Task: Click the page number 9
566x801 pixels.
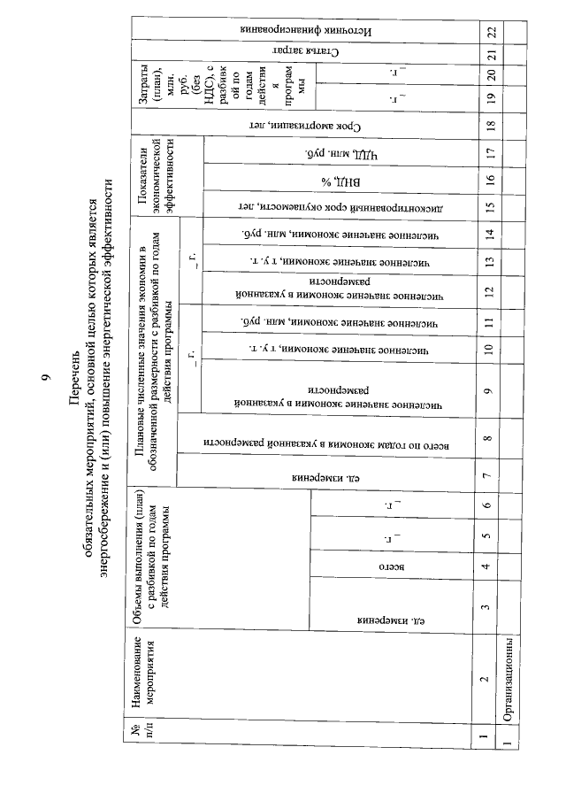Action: click(x=46, y=380)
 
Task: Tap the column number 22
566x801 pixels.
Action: click(x=491, y=30)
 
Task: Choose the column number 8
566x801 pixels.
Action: click(x=491, y=436)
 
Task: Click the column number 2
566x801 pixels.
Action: click(x=491, y=680)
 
